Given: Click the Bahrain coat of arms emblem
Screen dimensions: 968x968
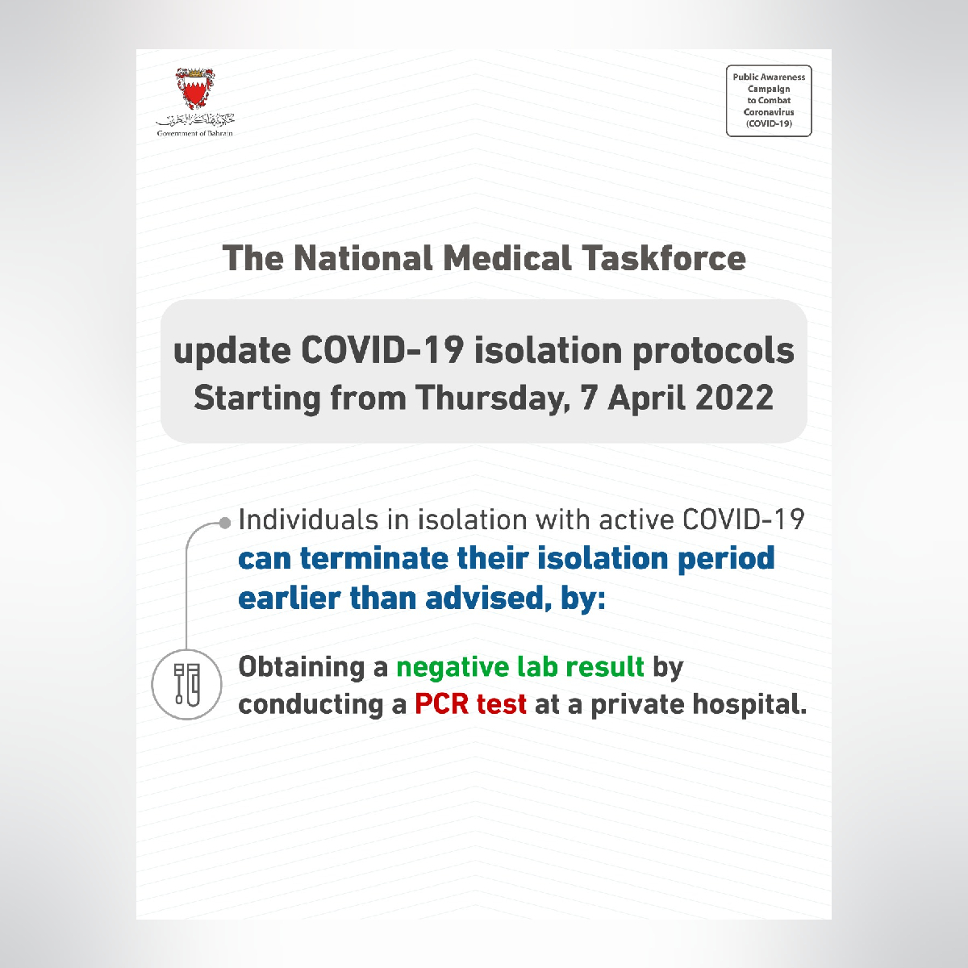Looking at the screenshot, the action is coord(195,89).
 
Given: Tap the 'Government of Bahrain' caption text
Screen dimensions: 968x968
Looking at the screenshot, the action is coord(195,134).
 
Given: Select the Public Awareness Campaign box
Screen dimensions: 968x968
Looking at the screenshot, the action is coord(769,101).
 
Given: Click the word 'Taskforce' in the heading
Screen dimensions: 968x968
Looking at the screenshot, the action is coord(664,258).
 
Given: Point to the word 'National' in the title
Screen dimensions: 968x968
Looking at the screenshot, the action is coord(363,258).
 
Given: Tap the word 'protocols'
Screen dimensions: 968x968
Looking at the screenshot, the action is coord(713,352).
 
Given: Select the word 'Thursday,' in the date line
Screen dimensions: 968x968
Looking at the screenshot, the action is coord(494,398).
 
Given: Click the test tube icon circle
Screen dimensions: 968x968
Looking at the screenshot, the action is coord(186,684).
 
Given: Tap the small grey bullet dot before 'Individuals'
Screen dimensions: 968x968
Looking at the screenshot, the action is coord(225,524).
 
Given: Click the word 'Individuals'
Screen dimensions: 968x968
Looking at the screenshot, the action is coord(308,519).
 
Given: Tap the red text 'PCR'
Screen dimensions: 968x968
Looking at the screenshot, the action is coord(443,704).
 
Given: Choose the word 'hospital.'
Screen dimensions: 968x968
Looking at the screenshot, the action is coord(749,705).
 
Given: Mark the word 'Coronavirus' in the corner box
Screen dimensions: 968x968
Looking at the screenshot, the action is coord(769,112).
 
